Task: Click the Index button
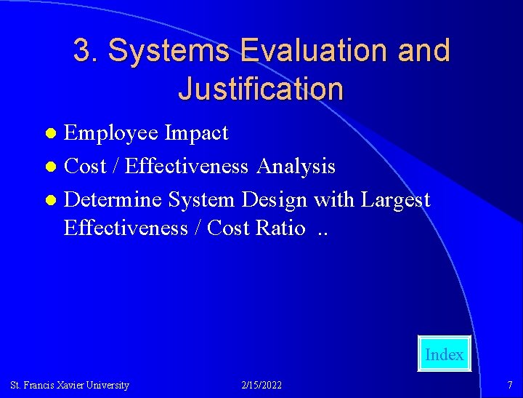[x=444, y=354]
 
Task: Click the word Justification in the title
[x=260, y=89]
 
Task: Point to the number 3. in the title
[x=86, y=50]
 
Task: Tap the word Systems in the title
[x=169, y=50]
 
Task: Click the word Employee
[x=111, y=133]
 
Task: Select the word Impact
[x=196, y=133]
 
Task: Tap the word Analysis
[x=296, y=166]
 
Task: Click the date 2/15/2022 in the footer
[x=261, y=385]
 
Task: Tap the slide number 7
[x=510, y=385]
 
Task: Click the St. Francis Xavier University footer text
[x=70, y=385]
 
